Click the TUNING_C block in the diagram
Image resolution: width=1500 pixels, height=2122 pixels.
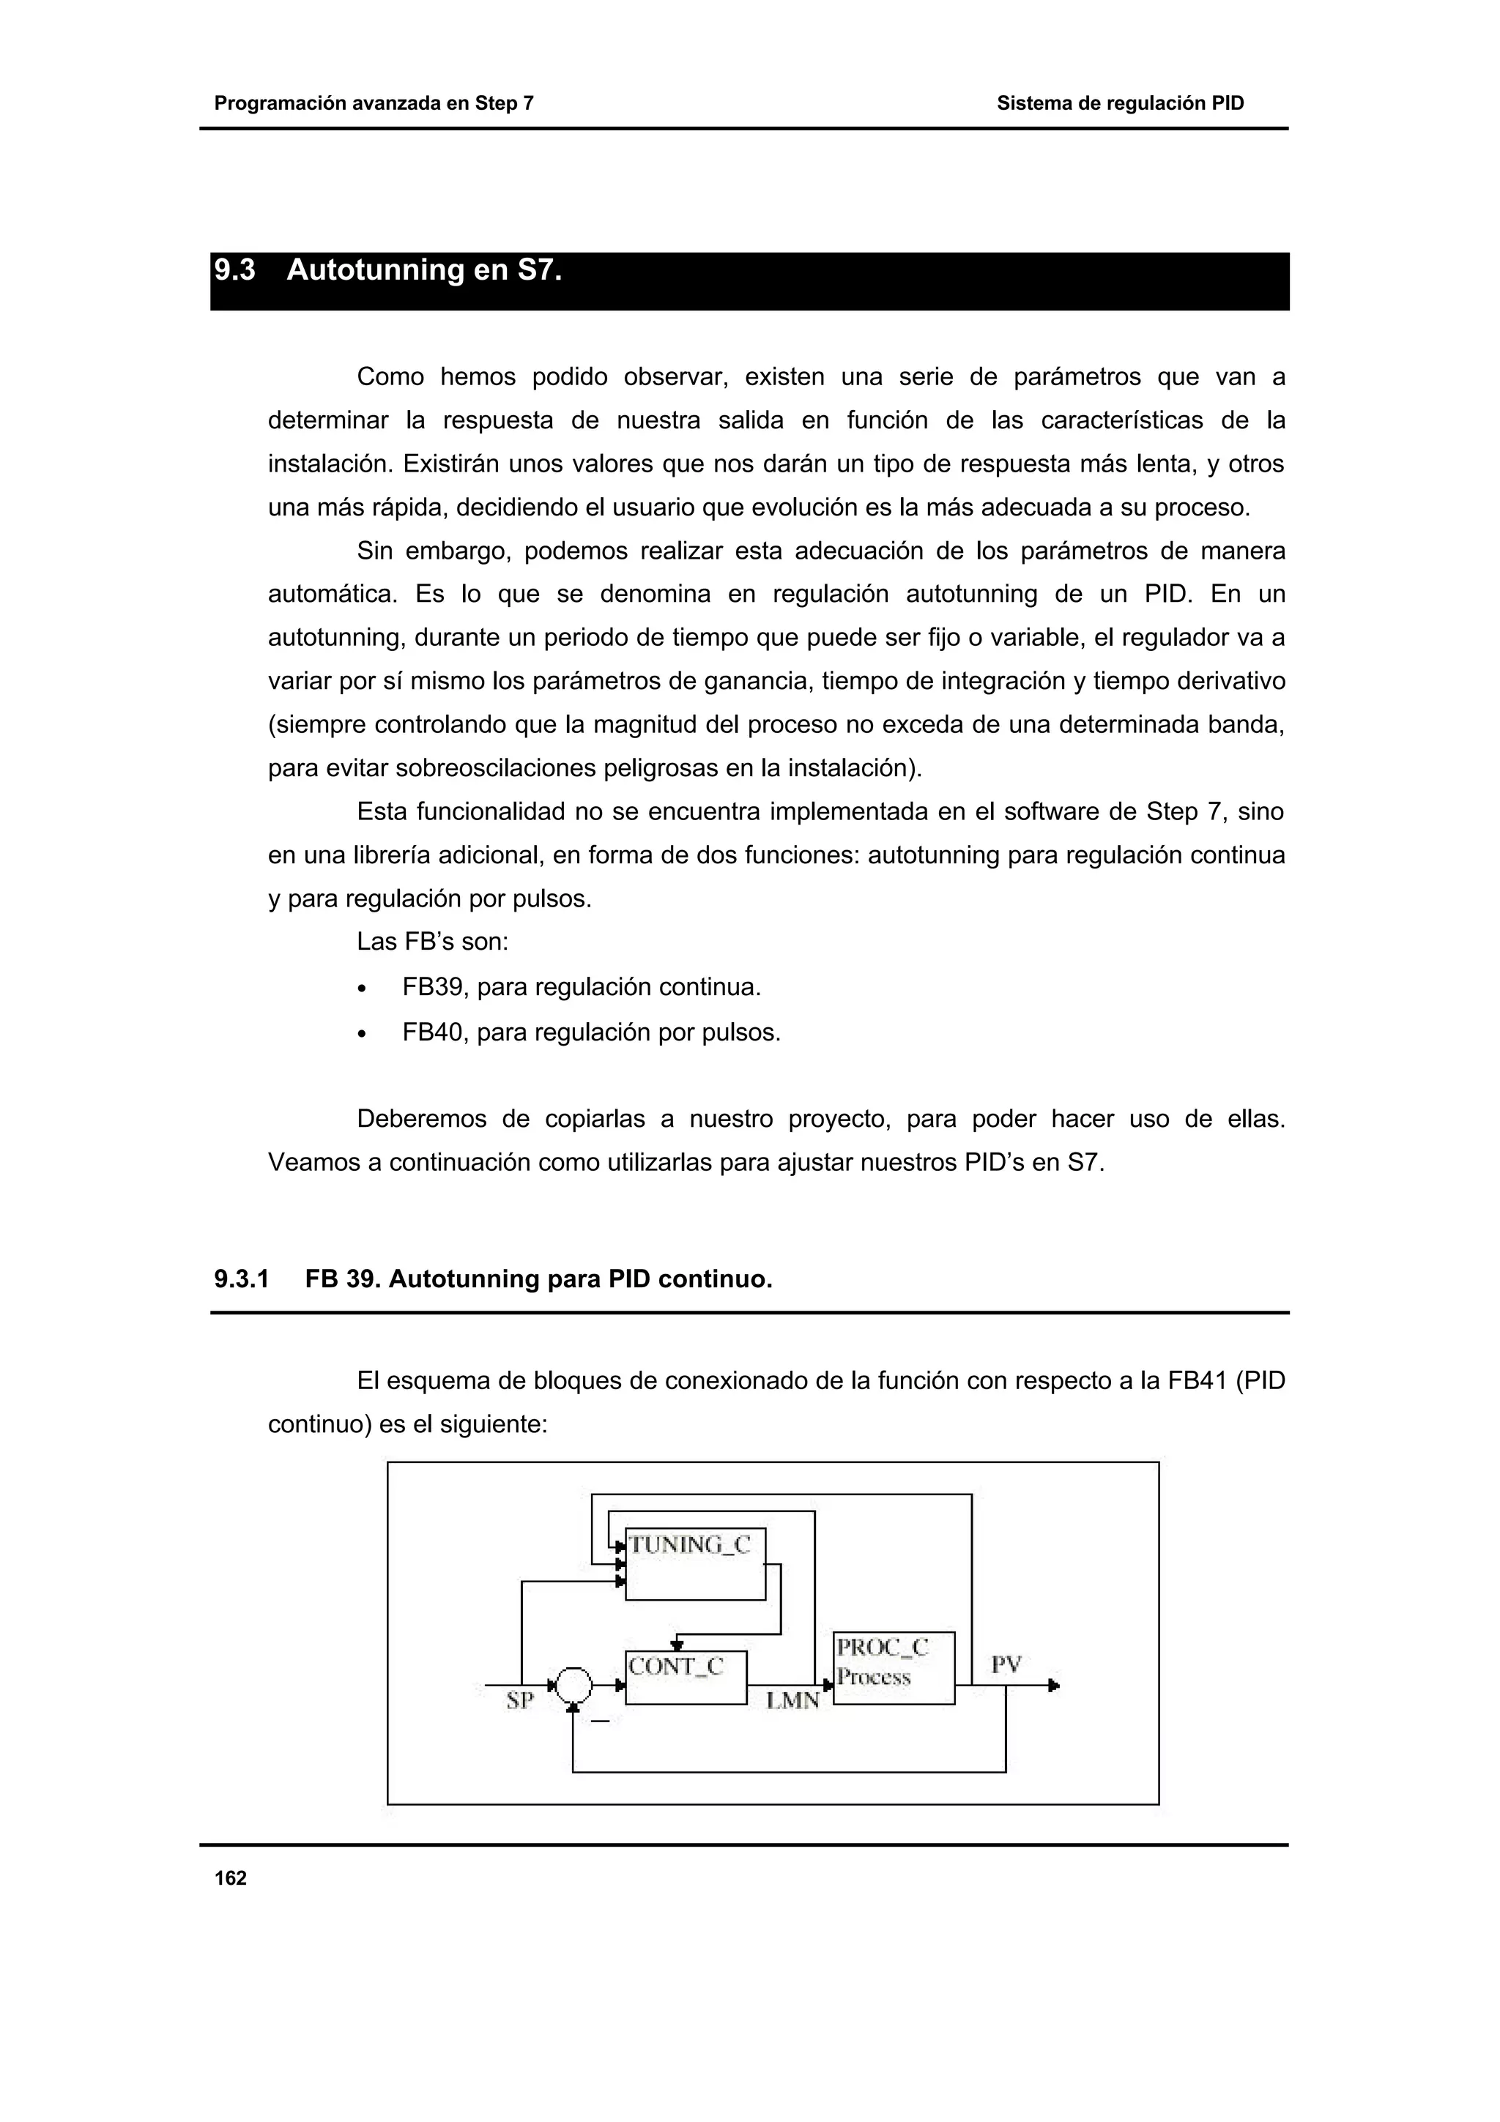(695, 1564)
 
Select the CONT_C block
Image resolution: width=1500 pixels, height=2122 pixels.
(685, 1678)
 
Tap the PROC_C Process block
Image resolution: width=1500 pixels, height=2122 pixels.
(893, 1668)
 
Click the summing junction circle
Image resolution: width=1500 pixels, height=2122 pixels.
(573, 1686)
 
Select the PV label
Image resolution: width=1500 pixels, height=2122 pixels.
(1006, 1664)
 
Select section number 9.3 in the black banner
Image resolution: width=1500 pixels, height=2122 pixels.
(235, 271)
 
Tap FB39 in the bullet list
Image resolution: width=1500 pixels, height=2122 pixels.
(434, 987)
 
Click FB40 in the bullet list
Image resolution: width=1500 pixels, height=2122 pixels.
(434, 1032)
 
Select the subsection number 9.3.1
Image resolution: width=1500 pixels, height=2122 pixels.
(241, 1279)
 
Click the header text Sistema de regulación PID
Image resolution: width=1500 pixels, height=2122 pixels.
(1119, 103)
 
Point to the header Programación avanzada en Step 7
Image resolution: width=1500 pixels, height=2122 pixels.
(374, 103)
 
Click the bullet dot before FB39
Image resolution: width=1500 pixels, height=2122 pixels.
(363, 989)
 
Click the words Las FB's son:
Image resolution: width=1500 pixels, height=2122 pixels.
(433, 942)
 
